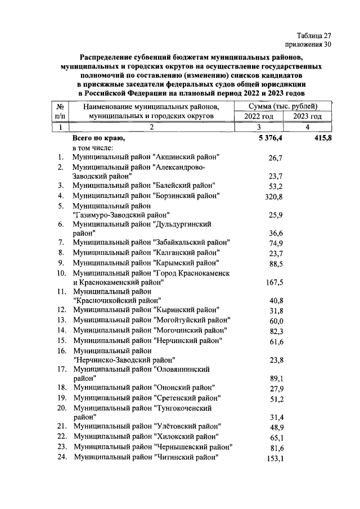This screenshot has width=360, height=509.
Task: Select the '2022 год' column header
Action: (258, 116)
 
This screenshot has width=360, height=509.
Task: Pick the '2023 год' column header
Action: (307, 116)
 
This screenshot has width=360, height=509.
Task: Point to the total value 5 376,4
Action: (269, 138)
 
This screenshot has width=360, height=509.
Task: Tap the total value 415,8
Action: (321, 138)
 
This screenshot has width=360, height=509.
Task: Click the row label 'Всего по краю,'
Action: (98, 138)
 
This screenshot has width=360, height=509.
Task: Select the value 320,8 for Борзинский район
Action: (272, 196)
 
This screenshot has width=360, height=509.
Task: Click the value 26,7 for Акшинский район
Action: (274, 158)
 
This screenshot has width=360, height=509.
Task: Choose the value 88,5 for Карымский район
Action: (274, 263)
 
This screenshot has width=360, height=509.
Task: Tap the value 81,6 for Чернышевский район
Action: (274, 447)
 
